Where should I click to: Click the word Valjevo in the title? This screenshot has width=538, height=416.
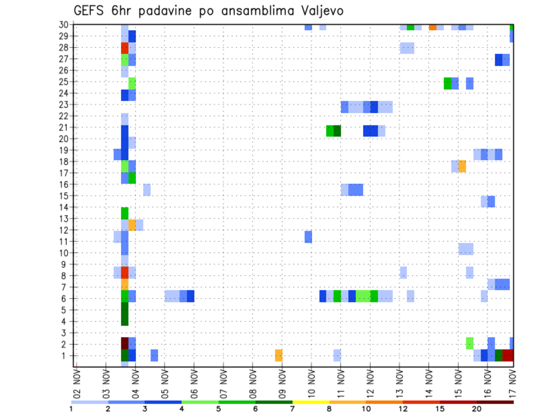[x=321, y=10]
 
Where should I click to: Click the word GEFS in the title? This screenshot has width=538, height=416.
[x=90, y=10]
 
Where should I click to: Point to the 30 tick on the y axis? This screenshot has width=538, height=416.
[x=65, y=25]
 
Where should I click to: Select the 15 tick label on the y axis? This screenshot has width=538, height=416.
[x=65, y=196]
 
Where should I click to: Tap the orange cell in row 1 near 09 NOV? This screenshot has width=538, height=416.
[x=279, y=355]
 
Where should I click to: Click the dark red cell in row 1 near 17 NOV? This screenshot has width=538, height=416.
[x=508, y=355]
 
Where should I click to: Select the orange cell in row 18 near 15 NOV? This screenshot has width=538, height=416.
[x=462, y=167]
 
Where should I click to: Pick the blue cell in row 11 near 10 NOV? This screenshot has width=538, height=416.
[x=308, y=237]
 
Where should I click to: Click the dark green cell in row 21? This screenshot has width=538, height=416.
[x=337, y=131]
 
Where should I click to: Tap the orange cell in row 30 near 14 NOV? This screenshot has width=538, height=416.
[x=433, y=27]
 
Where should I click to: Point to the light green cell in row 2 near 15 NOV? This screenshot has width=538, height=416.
[x=470, y=343]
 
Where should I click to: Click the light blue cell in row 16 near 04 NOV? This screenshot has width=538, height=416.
[x=147, y=189]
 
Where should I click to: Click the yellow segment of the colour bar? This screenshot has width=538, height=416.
[x=310, y=402]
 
